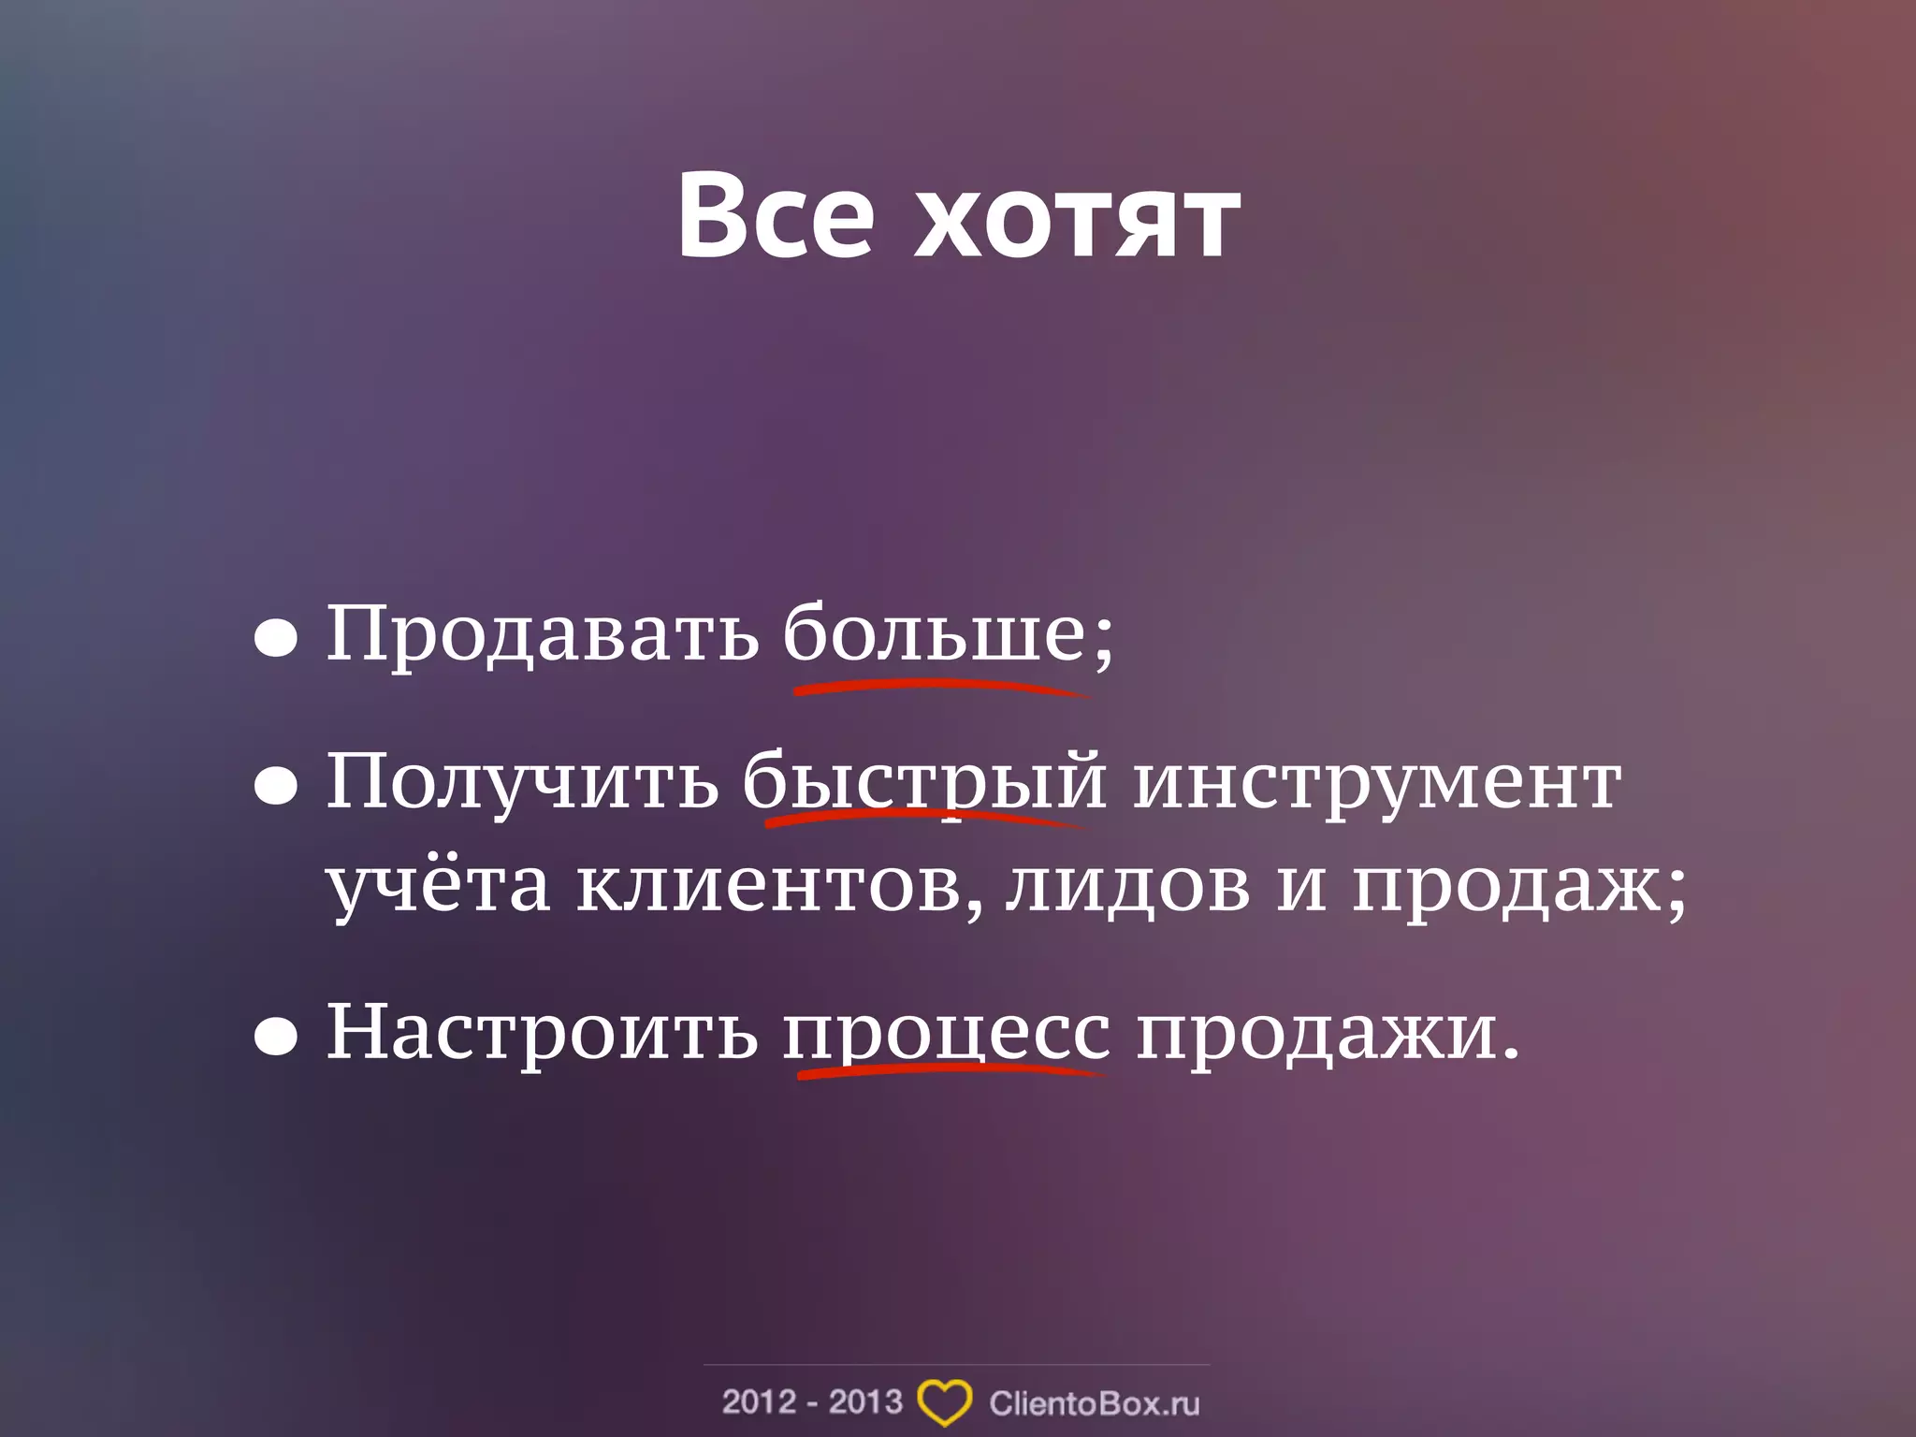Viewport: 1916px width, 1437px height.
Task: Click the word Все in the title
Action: pyautogui.click(x=776, y=217)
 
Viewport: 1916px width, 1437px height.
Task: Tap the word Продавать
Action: pyautogui.click(x=542, y=633)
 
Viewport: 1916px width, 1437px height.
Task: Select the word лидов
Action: pyautogui.click(x=1128, y=884)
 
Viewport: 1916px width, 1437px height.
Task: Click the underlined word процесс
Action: pyautogui.click(x=947, y=1033)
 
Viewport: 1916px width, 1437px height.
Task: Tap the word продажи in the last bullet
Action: pyautogui.click(x=1315, y=1033)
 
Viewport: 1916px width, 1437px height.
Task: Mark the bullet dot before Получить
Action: pyautogui.click(x=276, y=788)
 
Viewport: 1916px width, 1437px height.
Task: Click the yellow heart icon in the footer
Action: pyautogui.click(x=944, y=1402)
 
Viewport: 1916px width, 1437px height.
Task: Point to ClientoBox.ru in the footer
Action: pyautogui.click(x=1094, y=1403)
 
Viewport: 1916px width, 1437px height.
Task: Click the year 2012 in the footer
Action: pyautogui.click(x=758, y=1401)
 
